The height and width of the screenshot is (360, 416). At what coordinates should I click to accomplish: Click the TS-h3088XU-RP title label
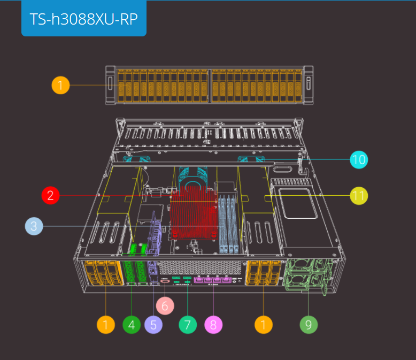click(x=84, y=19)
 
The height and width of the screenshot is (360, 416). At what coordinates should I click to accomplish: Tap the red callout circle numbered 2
click(x=50, y=195)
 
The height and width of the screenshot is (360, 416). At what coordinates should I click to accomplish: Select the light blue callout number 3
click(x=34, y=226)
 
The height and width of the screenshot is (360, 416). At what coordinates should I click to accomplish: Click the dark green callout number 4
click(x=132, y=325)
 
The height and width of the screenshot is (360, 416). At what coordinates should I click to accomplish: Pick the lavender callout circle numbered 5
click(x=153, y=325)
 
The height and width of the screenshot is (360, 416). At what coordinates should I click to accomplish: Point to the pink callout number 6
click(x=165, y=306)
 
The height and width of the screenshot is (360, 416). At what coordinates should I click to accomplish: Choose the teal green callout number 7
click(x=188, y=325)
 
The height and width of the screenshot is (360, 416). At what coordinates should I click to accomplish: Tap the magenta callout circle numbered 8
click(x=213, y=325)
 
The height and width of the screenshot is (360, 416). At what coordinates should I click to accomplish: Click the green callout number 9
click(x=309, y=325)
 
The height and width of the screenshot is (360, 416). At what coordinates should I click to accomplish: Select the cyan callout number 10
click(x=359, y=159)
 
